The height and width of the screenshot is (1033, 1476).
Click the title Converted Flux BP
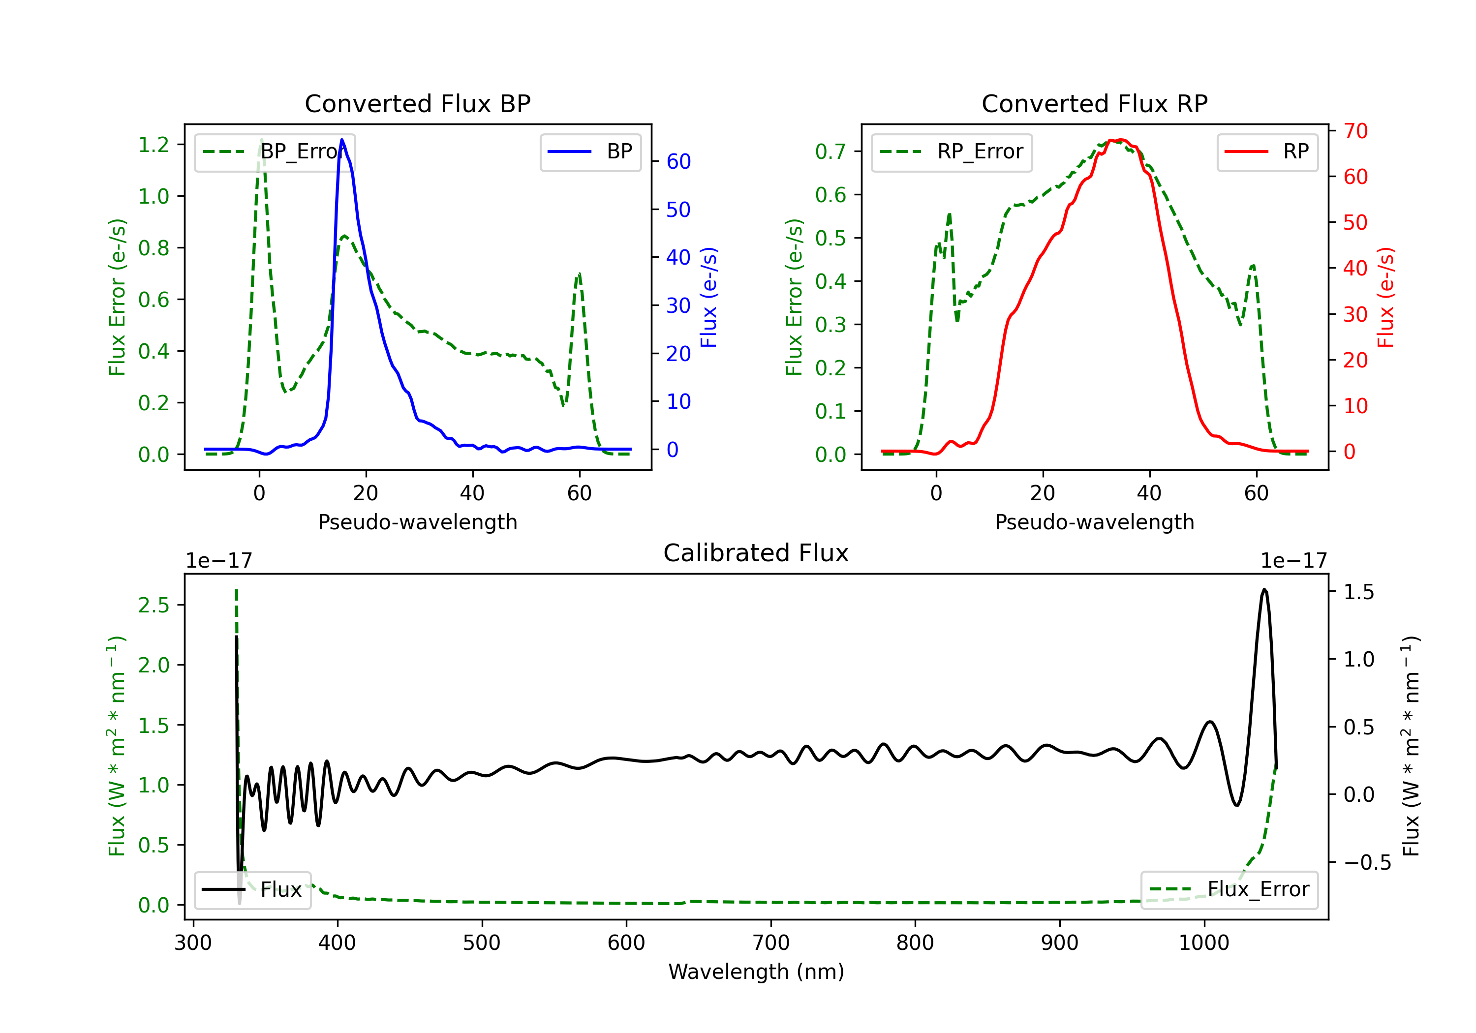coord(417,103)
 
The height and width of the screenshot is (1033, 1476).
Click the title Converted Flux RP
coord(1094,103)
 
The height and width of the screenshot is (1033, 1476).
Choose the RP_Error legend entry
coord(952,152)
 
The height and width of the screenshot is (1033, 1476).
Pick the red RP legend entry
coord(1267,152)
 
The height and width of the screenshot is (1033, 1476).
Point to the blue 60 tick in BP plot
coord(678,161)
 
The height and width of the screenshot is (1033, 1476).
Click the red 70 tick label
coord(1355,131)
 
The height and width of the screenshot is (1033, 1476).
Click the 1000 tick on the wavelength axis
coord(1203,942)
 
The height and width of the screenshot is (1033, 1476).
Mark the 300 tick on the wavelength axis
coord(193,942)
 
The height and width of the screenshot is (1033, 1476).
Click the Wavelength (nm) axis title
coord(756,972)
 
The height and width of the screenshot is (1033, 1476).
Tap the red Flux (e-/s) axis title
coord(1385,297)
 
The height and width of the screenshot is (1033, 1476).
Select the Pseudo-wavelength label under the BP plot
coord(417,522)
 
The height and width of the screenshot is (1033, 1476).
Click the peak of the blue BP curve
coord(342,140)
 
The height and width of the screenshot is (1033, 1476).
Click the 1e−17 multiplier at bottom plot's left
coord(218,561)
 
